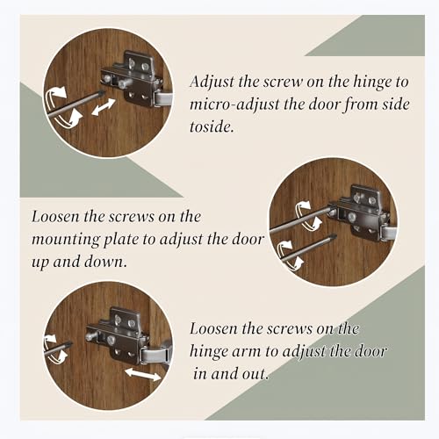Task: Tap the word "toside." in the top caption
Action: pyautogui.click(x=212, y=126)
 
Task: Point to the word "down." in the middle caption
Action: pyautogui.click(x=106, y=262)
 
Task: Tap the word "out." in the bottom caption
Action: pyautogui.click(x=255, y=374)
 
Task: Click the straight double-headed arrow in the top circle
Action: pyautogui.click(x=104, y=107)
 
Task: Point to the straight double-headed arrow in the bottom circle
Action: pyautogui.click(x=143, y=374)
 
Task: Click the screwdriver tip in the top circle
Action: pyautogui.click(x=102, y=92)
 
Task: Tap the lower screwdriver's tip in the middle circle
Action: pyautogui.click(x=334, y=235)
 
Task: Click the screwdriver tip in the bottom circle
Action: pyautogui.click(x=70, y=343)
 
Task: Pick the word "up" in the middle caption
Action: pyautogui.click(x=40, y=263)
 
